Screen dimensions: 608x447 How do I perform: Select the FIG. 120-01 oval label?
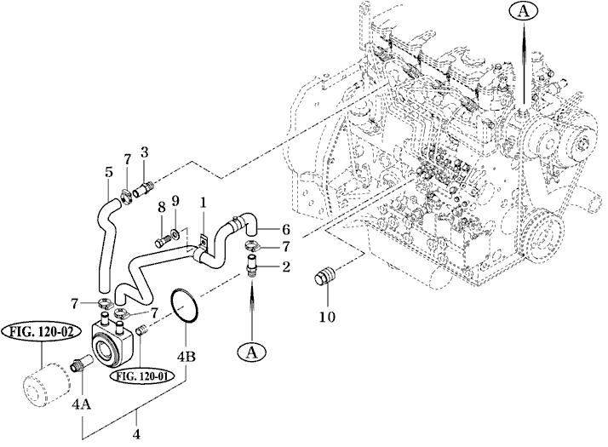pyautogui.click(x=142, y=376)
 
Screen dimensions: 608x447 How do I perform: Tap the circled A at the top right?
pyautogui.click(x=524, y=12)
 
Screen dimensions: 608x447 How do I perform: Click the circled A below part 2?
pyautogui.click(x=252, y=352)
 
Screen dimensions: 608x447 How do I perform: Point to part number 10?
pyautogui.click(x=327, y=317)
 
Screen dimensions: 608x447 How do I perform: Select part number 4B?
pyautogui.click(x=186, y=356)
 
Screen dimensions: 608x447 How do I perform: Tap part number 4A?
pyautogui.click(x=82, y=404)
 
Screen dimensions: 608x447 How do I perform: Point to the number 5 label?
pyautogui.click(x=109, y=172)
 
